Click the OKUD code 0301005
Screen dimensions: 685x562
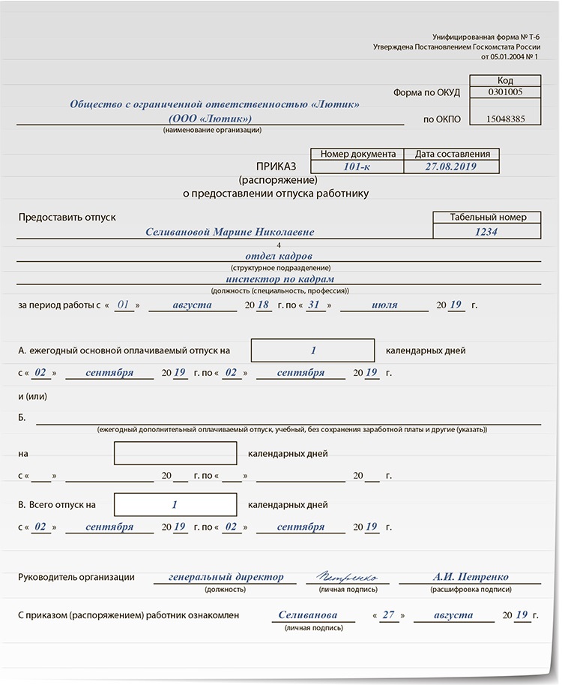click(505, 93)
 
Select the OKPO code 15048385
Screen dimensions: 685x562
click(505, 119)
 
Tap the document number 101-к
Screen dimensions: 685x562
click(357, 167)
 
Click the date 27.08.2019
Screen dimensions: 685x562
click(450, 167)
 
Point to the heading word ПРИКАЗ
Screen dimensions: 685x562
click(277, 167)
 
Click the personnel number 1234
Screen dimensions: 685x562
click(486, 232)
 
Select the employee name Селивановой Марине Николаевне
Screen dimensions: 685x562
click(230, 233)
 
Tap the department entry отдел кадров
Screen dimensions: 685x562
click(278, 256)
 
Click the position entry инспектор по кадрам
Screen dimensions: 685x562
click(279, 279)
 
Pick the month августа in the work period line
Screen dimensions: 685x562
click(192, 305)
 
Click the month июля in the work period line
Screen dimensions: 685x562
click(384, 305)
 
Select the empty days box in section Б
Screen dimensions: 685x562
click(175, 454)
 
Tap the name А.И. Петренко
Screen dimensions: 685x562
click(471, 578)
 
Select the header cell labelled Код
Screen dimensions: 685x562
click(505, 80)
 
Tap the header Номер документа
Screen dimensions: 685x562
click(357, 154)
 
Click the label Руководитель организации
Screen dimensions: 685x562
click(76, 578)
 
